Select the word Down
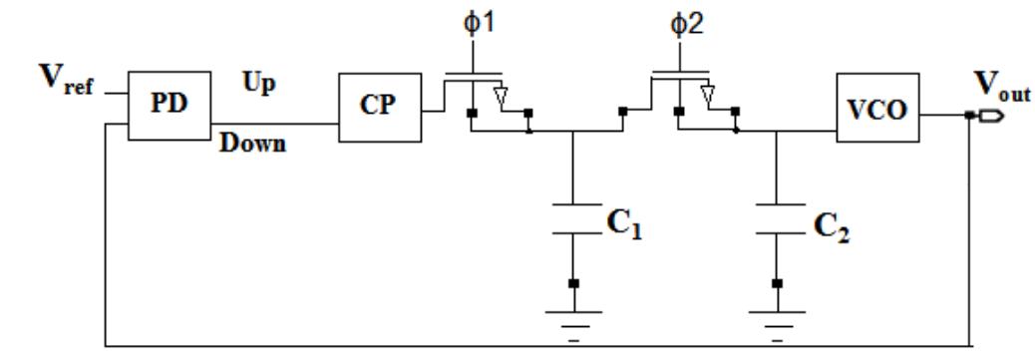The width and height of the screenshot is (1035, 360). (253, 144)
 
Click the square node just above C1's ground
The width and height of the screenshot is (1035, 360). (572, 284)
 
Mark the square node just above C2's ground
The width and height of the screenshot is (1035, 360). (776, 284)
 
